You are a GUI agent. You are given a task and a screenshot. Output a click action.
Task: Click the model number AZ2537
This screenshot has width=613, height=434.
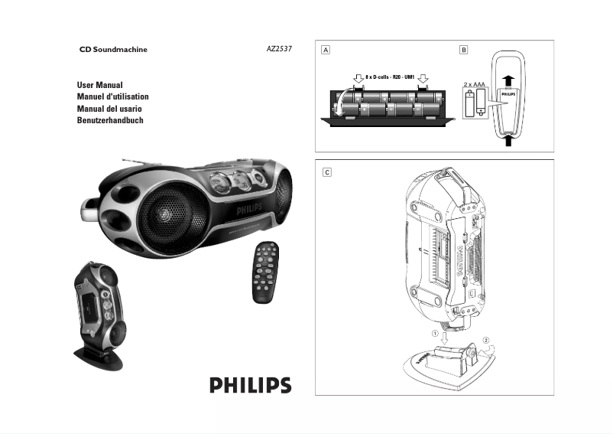click(x=277, y=50)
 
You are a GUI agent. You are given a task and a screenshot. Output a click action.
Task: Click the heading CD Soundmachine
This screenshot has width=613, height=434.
click(x=114, y=50)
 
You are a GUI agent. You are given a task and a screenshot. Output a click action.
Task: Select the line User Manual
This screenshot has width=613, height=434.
click(x=100, y=85)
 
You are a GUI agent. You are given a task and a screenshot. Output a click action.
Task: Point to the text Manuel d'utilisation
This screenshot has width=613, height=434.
click(x=112, y=97)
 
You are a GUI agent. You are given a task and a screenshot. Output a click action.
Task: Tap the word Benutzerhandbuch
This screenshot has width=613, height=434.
click(x=110, y=121)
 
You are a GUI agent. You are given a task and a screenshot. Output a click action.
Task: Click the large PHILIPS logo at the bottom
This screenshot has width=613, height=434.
click(x=251, y=384)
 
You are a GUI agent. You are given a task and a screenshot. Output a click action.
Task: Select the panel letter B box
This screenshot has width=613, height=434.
click(x=463, y=50)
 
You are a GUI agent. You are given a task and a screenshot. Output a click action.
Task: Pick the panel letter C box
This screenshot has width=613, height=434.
click(x=326, y=172)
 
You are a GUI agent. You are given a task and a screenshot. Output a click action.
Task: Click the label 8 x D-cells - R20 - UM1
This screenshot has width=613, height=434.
click(x=391, y=77)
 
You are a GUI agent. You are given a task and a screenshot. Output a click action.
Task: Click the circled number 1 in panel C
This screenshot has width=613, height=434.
click(x=436, y=333)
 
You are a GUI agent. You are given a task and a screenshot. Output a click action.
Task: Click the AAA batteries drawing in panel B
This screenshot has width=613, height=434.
click(x=475, y=101)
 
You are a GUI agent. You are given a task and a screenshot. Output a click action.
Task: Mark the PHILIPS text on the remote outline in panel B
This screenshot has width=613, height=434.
click(x=510, y=94)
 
